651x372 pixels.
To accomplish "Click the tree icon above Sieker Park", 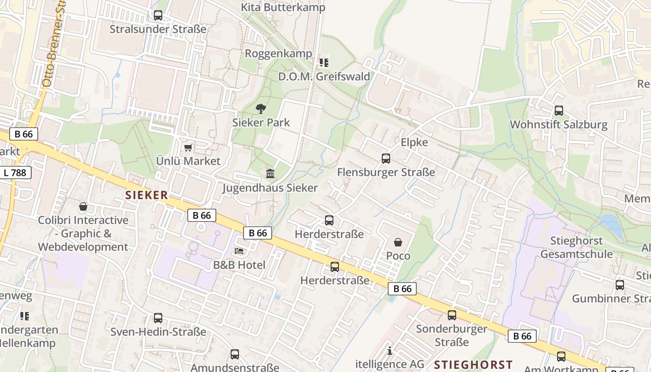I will pos(261,109).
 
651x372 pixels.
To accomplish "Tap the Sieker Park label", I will pos(261,123).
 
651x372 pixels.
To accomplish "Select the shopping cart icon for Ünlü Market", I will pos(188,148).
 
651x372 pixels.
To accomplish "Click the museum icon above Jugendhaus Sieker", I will pos(270,174).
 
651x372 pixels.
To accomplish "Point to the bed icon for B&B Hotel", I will pos(239,251).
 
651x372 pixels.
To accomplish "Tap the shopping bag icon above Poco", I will pos(398,242).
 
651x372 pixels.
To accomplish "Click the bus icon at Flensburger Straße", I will pos(386,159).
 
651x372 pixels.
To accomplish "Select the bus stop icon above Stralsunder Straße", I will pos(158,15).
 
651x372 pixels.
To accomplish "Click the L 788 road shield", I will pos(16,173).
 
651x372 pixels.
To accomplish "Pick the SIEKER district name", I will pos(146,195).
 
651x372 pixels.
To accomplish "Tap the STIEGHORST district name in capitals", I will pos(473,365).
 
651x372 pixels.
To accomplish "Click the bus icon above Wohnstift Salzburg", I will pos(559,111).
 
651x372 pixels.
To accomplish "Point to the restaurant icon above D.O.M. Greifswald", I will pos(324,62).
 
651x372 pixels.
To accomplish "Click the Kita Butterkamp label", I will pos(283,7).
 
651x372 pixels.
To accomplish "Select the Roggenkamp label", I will pos(279,53).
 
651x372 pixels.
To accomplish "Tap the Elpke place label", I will pos(414,142).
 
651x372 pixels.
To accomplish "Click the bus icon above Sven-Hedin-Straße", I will pos(158,318).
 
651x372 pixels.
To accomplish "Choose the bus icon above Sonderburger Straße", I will pos(452,315).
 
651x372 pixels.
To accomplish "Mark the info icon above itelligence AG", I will pos(390,351).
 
